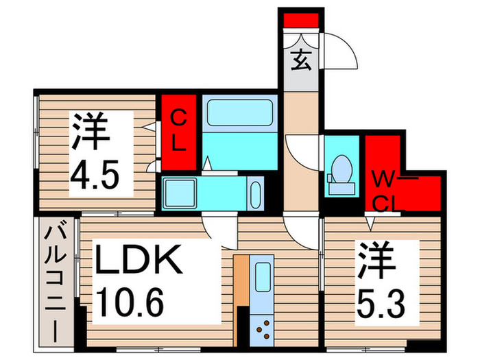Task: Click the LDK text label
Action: coord(139,261)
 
